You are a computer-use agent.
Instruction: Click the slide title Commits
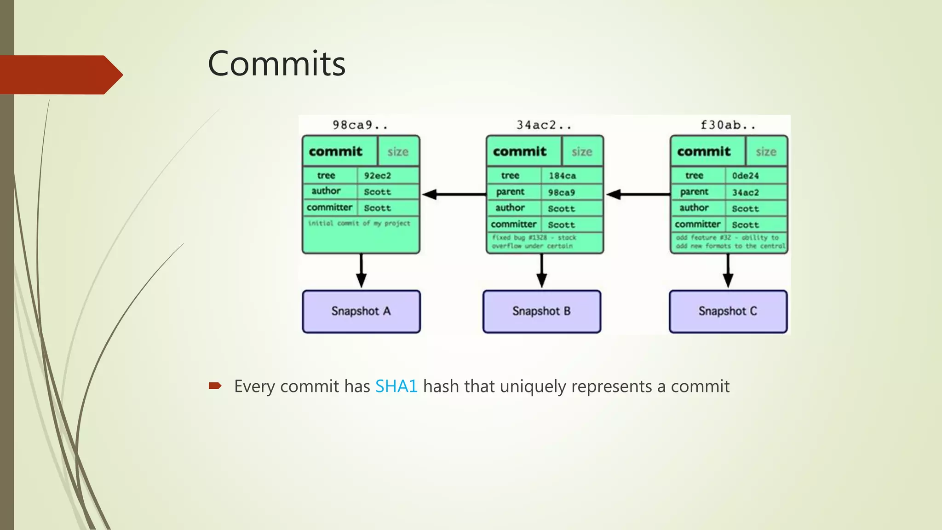(276, 63)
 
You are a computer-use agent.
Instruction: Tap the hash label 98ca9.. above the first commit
(360, 125)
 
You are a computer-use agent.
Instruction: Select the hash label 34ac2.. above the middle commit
(544, 125)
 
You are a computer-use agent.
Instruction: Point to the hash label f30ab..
(728, 125)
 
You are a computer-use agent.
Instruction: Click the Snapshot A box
(361, 311)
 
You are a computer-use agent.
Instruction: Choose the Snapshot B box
(541, 311)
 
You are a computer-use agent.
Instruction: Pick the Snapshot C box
(728, 311)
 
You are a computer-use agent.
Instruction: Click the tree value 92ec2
(377, 176)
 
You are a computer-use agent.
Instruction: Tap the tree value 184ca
(562, 176)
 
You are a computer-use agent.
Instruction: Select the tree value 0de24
(745, 176)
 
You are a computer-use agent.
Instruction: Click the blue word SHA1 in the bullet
(396, 386)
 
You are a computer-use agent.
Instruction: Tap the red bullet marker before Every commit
(215, 386)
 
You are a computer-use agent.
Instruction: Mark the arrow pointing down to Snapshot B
(542, 271)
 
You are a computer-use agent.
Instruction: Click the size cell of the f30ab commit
(766, 152)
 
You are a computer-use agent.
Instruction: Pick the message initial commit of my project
(359, 223)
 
